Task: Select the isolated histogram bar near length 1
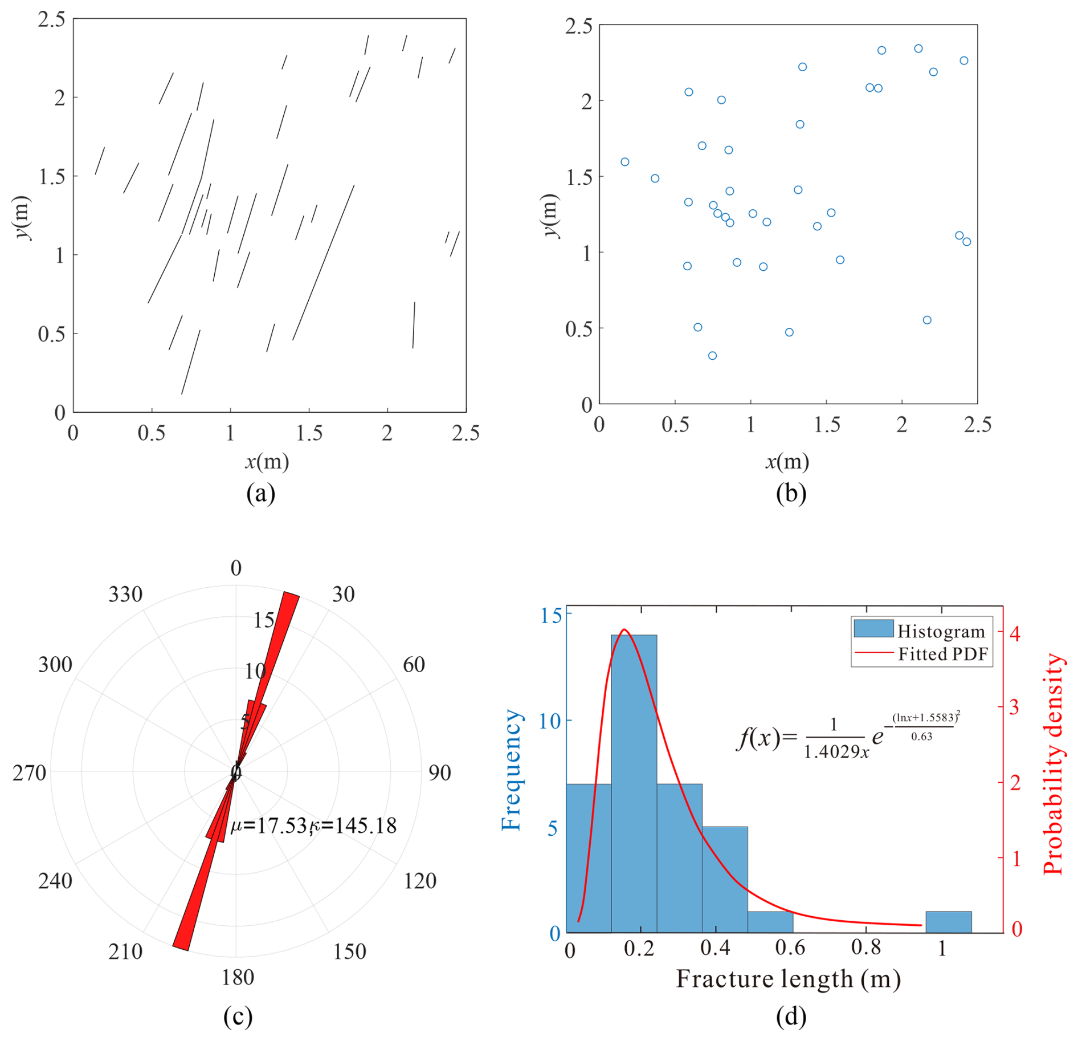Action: coord(948,921)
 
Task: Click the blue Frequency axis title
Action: coord(511,770)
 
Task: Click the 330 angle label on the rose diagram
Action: coord(125,595)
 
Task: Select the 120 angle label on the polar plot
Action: coord(420,881)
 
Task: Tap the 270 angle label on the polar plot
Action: coord(29,773)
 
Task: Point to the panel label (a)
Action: coord(260,493)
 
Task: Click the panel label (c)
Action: coord(238,1016)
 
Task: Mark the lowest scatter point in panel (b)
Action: coord(712,356)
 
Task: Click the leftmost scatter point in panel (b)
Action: coord(624,162)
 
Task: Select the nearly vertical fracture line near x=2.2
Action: coord(414,325)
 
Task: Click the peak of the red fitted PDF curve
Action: coord(624,630)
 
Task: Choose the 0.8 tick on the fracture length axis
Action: coord(865,948)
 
